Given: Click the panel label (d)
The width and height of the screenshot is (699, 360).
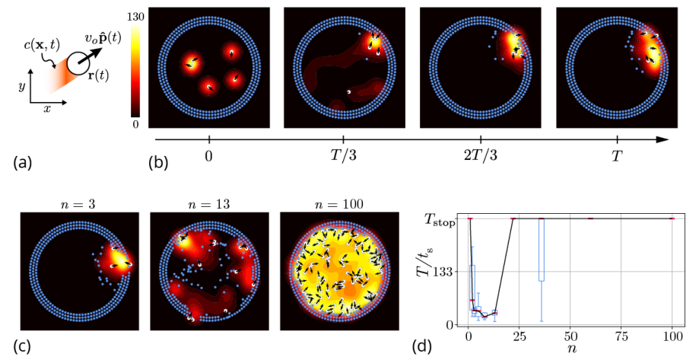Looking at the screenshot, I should coord(421,346).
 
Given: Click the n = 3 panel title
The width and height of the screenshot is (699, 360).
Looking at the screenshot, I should coord(79,203).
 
